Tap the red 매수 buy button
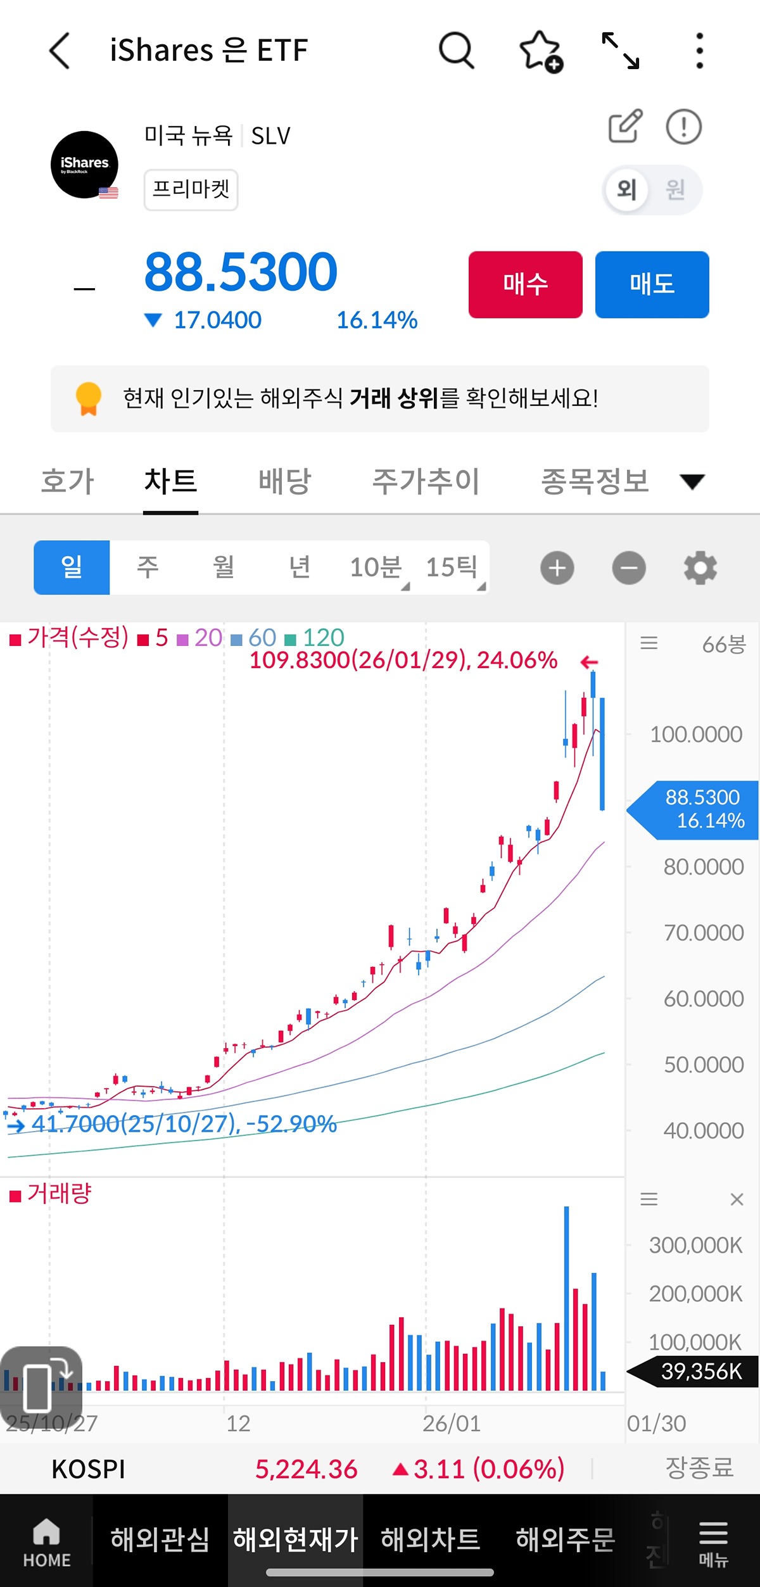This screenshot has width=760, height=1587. tap(525, 284)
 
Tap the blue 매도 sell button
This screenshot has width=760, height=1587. tap(652, 284)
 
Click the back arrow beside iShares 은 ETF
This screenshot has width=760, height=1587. tap(60, 51)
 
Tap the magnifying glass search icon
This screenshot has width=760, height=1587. tap(456, 50)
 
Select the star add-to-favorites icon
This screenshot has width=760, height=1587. tap(540, 51)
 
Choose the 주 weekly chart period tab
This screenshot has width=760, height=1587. tap(148, 567)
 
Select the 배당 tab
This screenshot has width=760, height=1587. tap(284, 481)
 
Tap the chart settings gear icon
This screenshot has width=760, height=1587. tap(700, 568)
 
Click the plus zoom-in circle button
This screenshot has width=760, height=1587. tap(557, 568)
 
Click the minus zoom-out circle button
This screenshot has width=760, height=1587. tap(629, 568)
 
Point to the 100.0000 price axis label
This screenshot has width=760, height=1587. tap(695, 735)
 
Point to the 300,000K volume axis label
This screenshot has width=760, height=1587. tap(695, 1246)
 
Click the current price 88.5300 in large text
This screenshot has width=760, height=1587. tap(241, 272)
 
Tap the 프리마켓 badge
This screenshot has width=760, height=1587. tap(191, 189)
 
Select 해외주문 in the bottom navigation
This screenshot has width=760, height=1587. tap(565, 1540)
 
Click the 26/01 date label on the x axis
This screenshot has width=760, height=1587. tap(451, 1424)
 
